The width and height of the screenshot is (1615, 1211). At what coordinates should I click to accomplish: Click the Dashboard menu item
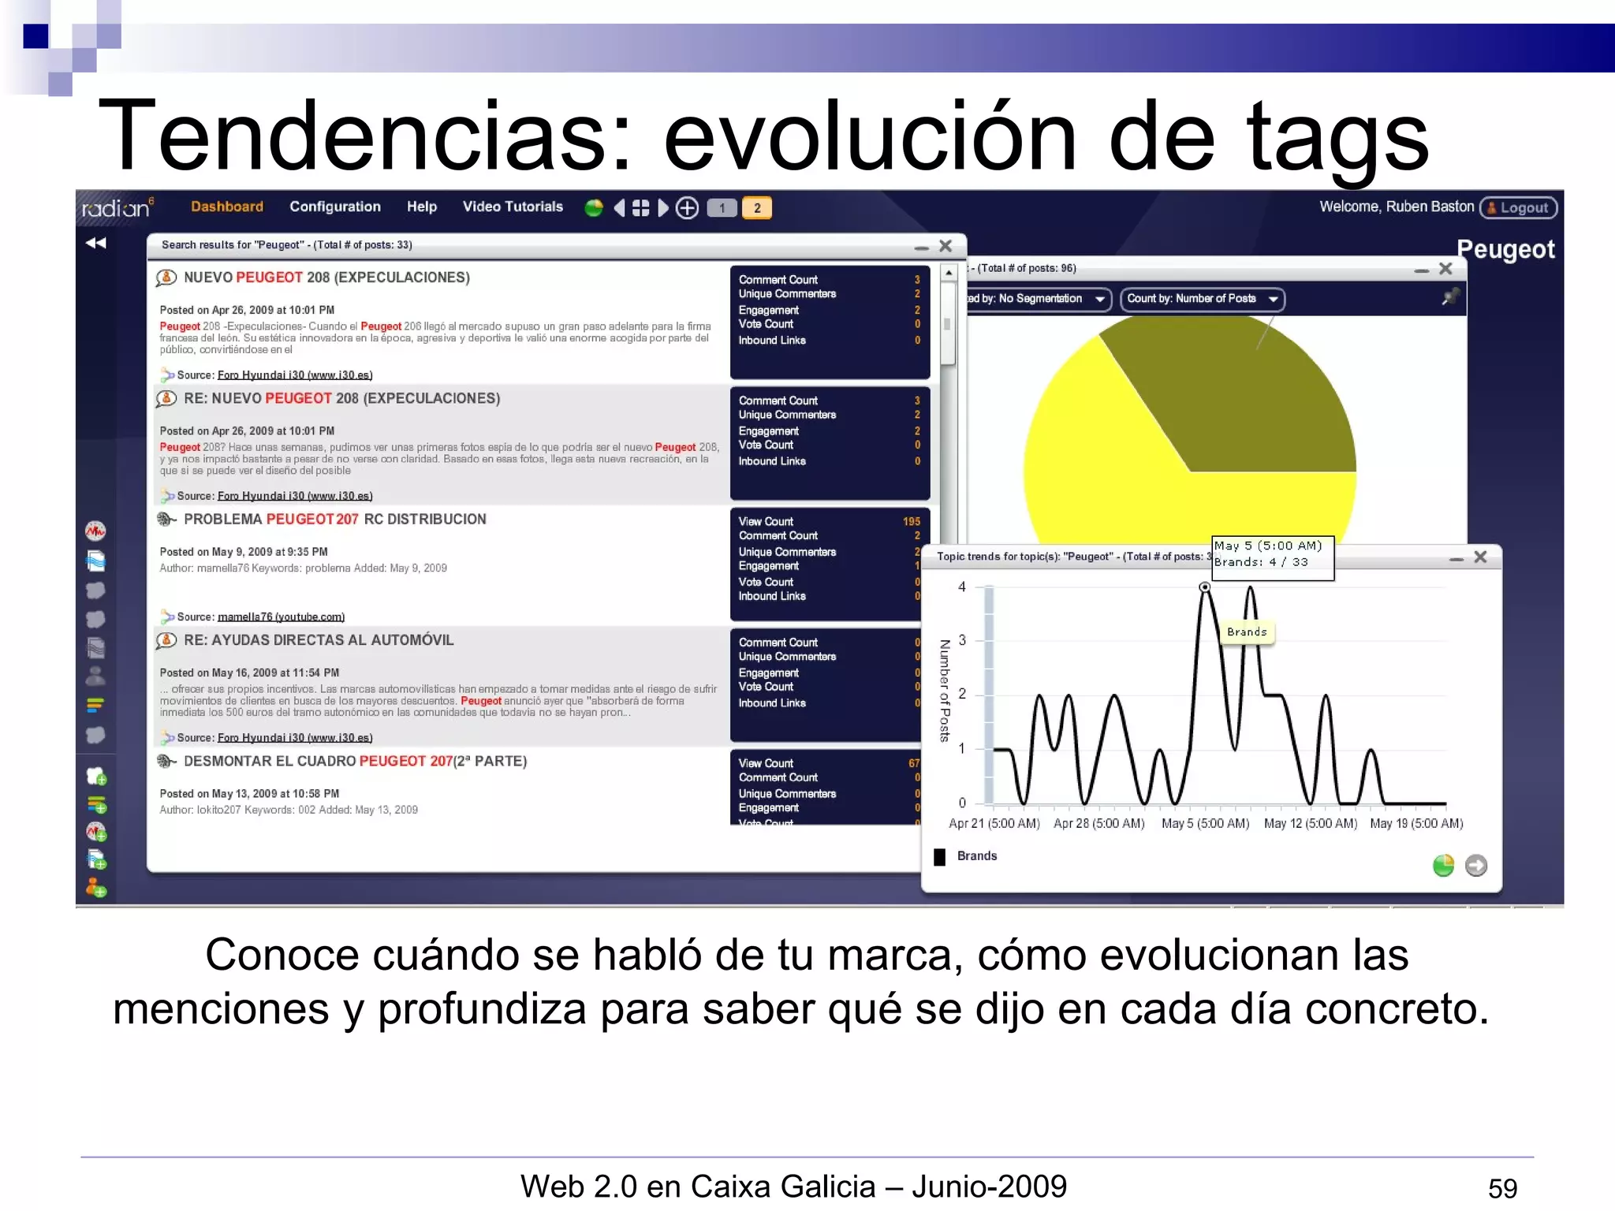[226, 207]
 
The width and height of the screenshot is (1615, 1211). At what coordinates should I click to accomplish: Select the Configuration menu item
[334, 207]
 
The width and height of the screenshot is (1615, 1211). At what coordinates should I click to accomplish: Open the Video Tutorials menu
[513, 207]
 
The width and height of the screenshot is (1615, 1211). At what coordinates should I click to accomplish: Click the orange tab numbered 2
[756, 208]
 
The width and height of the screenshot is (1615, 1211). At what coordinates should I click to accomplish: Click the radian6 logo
[117, 208]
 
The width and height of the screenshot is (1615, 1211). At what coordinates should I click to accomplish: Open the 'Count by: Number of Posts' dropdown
[1201, 299]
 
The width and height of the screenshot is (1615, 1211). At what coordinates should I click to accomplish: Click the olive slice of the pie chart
[1230, 394]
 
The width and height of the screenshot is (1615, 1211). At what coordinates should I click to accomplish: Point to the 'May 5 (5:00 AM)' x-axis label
[1204, 823]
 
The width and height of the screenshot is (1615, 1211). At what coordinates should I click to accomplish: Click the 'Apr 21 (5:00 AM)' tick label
[994, 823]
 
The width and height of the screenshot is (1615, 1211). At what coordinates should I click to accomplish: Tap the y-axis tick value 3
[961, 640]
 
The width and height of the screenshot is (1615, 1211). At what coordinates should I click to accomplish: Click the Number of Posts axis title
[944, 691]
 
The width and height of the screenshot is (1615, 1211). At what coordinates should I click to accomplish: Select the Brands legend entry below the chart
[976, 856]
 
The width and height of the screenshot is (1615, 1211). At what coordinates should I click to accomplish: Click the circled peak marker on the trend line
[1204, 587]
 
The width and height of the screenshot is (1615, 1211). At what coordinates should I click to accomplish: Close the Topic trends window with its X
[1480, 557]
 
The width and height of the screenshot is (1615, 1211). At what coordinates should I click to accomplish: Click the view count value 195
[911, 521]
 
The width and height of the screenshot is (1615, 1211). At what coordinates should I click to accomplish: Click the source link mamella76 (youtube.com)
[281, 617]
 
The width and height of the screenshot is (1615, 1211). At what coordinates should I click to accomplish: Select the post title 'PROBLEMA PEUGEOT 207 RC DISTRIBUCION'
[334, 519]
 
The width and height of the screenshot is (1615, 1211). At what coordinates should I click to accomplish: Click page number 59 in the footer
[1501, 1188]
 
